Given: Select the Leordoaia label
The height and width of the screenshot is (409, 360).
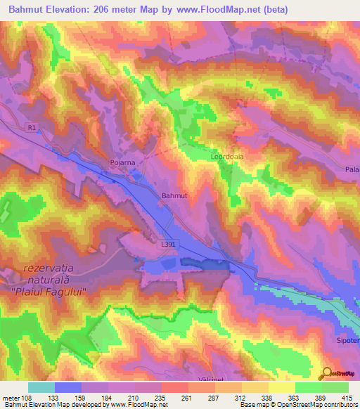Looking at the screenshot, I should coord(227,157).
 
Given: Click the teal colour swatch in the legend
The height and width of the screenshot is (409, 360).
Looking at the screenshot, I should coord(41,387).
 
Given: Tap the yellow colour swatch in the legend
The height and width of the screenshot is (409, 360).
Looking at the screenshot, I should coord(282,387).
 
